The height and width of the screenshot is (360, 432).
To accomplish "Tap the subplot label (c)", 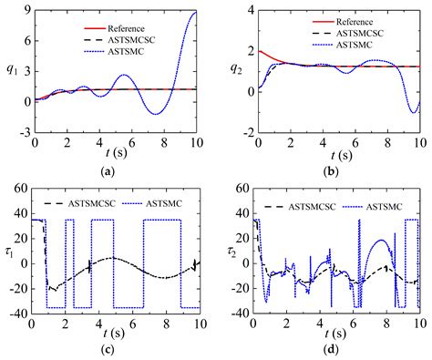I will coord(116,350).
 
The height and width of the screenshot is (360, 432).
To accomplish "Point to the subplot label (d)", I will coord(338,350).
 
